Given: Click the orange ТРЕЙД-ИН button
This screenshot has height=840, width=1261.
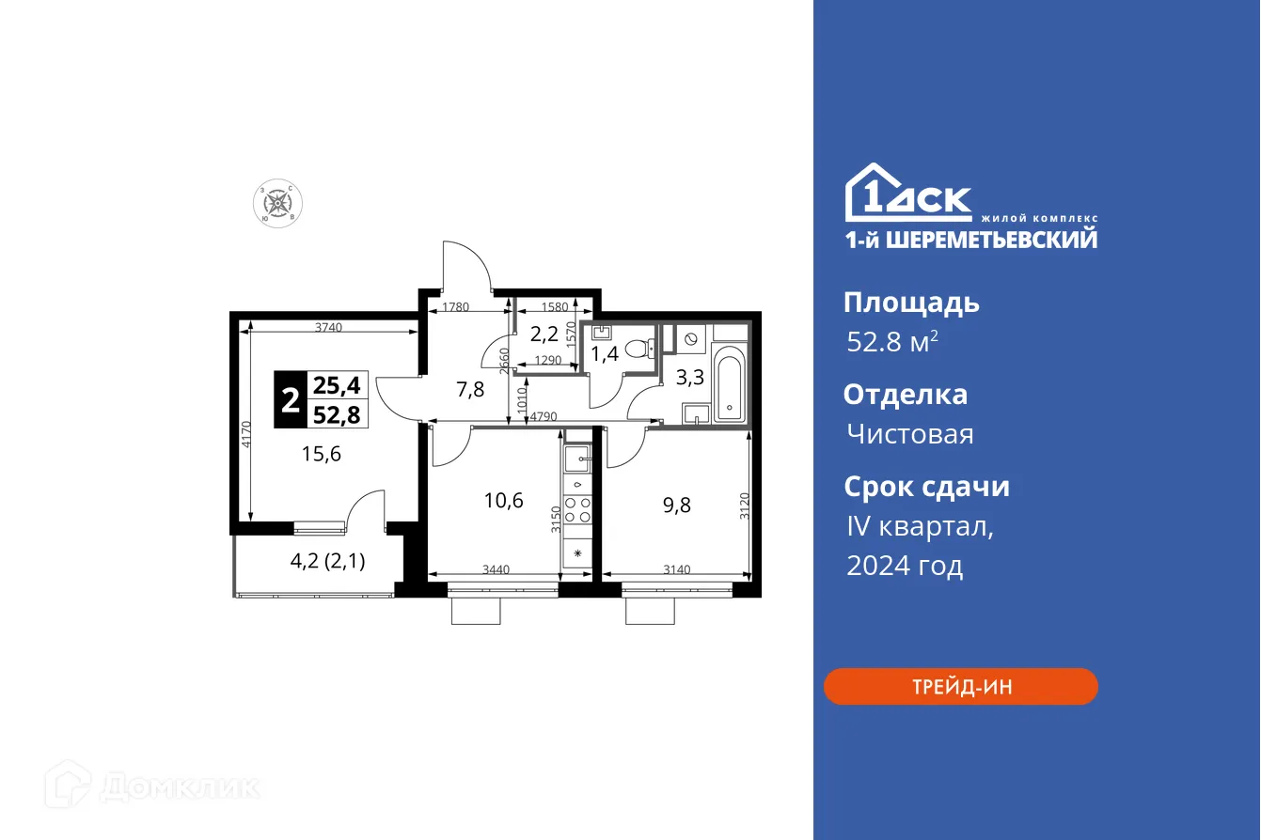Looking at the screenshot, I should coord(960,687).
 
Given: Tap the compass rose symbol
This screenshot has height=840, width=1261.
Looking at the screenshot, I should coord(276,203).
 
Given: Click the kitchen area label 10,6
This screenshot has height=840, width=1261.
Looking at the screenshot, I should coord(503,500).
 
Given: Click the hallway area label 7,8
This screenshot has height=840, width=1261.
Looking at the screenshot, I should coord(470,389).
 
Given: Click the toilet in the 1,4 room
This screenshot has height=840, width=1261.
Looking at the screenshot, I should coord(640,349).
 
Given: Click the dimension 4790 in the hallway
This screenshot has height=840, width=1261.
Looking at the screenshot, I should coord(544,415).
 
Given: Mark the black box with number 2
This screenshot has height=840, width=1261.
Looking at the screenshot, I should coord(291,400).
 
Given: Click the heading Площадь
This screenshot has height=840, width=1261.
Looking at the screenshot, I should coord(911,303).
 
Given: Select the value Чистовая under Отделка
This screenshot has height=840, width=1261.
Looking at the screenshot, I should coord(909,434).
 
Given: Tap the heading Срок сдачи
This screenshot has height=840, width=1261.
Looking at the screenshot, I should coord(926,487).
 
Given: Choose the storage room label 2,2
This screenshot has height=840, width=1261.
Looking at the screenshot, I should coord(544,334).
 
